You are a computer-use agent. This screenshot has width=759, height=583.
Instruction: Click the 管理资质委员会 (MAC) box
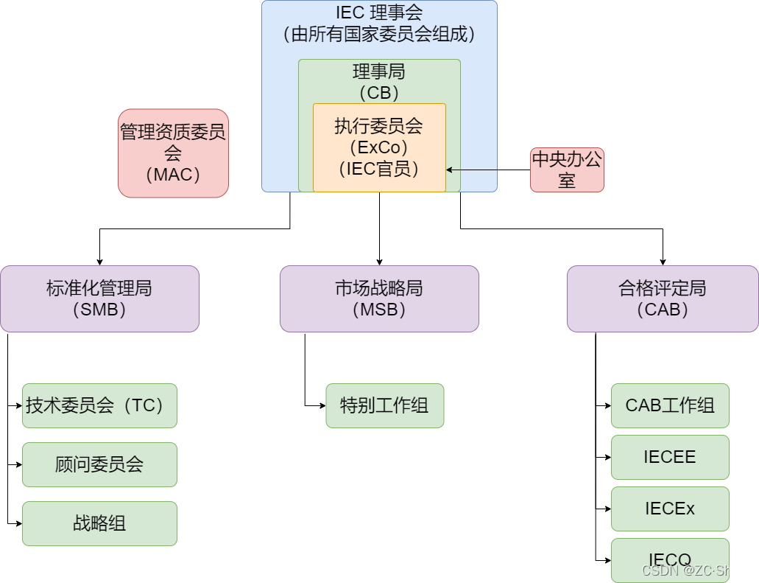[173, 153]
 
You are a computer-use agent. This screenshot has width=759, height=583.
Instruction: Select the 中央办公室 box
[567, 170]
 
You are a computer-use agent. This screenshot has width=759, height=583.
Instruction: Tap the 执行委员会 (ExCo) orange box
[379, 147]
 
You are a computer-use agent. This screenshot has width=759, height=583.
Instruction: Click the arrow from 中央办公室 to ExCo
[472, 170]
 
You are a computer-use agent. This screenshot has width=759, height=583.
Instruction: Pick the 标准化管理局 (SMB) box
[99, 299]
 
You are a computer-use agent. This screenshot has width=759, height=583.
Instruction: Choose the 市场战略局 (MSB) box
[379, 299]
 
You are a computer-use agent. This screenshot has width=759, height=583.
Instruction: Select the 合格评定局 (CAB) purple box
[663, 299]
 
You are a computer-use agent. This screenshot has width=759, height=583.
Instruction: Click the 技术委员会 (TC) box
[99, 405]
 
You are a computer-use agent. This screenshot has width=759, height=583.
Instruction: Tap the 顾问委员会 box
[99, 464]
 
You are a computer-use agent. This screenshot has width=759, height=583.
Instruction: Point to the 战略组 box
[99, 523]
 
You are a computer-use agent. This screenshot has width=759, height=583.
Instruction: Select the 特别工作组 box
[385, 405]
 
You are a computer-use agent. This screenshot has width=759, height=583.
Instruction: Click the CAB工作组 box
[670, 405]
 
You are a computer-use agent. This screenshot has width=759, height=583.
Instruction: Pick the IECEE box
[670, 457]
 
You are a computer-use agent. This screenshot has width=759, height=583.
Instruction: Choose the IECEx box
[670, 509]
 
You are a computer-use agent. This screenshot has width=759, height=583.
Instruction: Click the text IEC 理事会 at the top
[379, 13]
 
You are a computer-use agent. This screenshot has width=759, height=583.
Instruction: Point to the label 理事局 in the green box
[379, 72]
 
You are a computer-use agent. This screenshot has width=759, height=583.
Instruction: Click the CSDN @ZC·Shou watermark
[694, 570]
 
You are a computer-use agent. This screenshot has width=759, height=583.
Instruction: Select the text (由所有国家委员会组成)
[379, 34]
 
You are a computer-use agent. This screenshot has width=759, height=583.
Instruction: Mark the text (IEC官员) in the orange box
[379, 169]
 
